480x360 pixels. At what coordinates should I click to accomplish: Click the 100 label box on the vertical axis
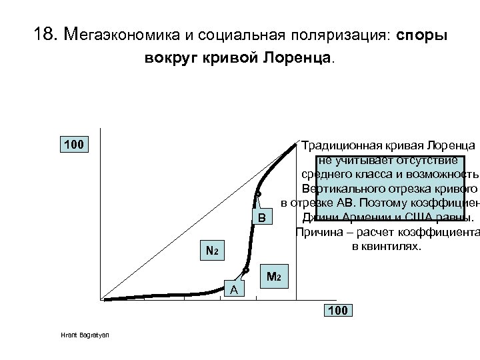(73, 144)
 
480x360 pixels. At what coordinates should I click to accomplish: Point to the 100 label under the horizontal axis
(339, 311)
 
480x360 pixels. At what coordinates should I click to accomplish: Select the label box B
(262, 218)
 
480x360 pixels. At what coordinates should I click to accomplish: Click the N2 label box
(211, 251)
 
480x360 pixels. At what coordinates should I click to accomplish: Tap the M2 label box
(273, 276)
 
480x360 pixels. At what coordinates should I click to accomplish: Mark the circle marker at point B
(257, 195)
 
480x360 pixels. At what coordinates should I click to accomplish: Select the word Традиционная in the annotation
(340, 145)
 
